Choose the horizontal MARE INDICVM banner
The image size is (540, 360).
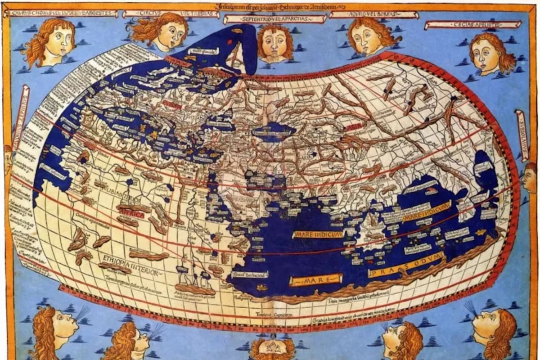coord(319,234)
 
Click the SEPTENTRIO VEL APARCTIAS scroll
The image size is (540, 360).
coord(274,19)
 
